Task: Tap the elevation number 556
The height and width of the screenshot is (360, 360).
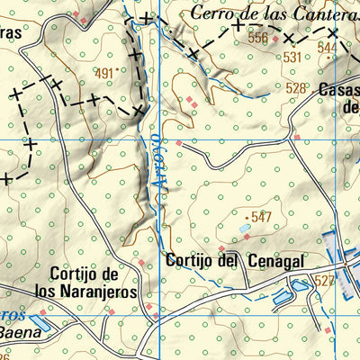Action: pos(259,38)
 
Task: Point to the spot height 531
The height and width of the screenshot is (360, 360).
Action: pos(292,57)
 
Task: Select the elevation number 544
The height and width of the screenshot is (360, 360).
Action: pos(327,48)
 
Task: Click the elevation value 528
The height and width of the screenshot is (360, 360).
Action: pos(296,87)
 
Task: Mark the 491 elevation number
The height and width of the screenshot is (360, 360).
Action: pos(106,74)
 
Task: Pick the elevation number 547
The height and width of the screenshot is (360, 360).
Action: pos(262,216)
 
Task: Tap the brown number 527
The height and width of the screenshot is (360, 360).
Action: pos(324,281)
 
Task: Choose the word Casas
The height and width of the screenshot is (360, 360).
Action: pos(339,89)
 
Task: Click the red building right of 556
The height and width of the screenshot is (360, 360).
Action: pos(276,36)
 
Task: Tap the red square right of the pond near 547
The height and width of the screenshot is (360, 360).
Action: pos(260,238)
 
